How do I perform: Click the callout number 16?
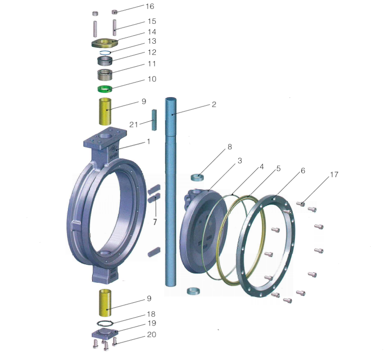150,6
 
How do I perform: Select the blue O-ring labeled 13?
105,52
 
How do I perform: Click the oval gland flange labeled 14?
105,43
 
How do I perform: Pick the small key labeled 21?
154,120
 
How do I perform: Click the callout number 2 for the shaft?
214,105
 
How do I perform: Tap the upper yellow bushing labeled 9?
105,112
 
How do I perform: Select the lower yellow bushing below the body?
105,303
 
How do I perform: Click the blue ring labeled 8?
197,177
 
